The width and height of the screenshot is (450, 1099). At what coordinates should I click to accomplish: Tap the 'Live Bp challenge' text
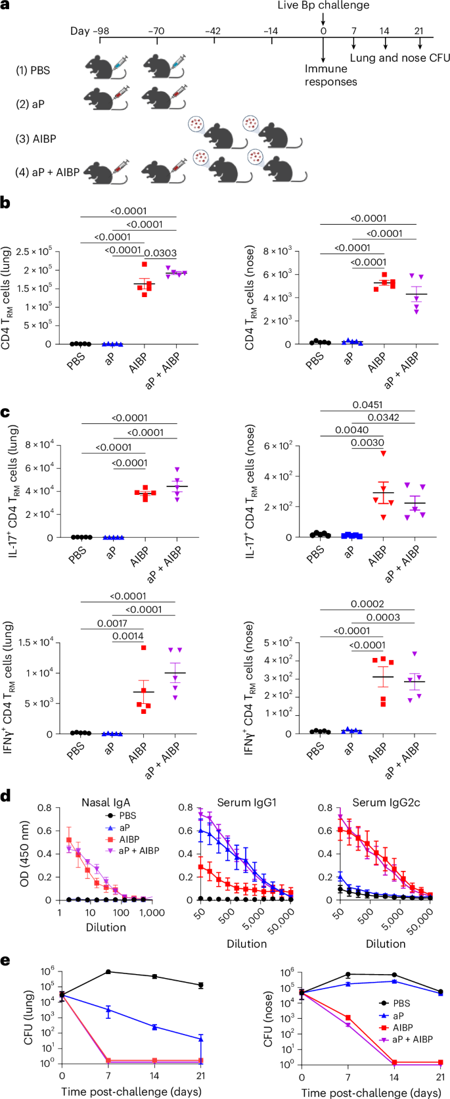click(323, 6)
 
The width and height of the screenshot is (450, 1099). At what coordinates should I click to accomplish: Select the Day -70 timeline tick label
click(156, 31)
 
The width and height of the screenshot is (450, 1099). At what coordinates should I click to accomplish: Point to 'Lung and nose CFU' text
click(399, 58)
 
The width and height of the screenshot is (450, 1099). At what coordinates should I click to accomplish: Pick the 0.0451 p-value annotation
click(367, 405)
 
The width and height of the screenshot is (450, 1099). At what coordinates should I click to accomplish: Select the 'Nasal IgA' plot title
click(105, 802)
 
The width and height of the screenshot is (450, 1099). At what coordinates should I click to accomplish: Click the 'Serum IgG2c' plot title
click(385, 802)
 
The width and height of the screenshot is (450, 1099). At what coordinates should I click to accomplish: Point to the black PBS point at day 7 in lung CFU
click(108, 971)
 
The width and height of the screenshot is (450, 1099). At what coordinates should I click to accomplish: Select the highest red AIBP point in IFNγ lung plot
click(143, 648)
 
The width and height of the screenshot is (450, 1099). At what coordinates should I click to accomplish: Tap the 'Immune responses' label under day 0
click(330, 75)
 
